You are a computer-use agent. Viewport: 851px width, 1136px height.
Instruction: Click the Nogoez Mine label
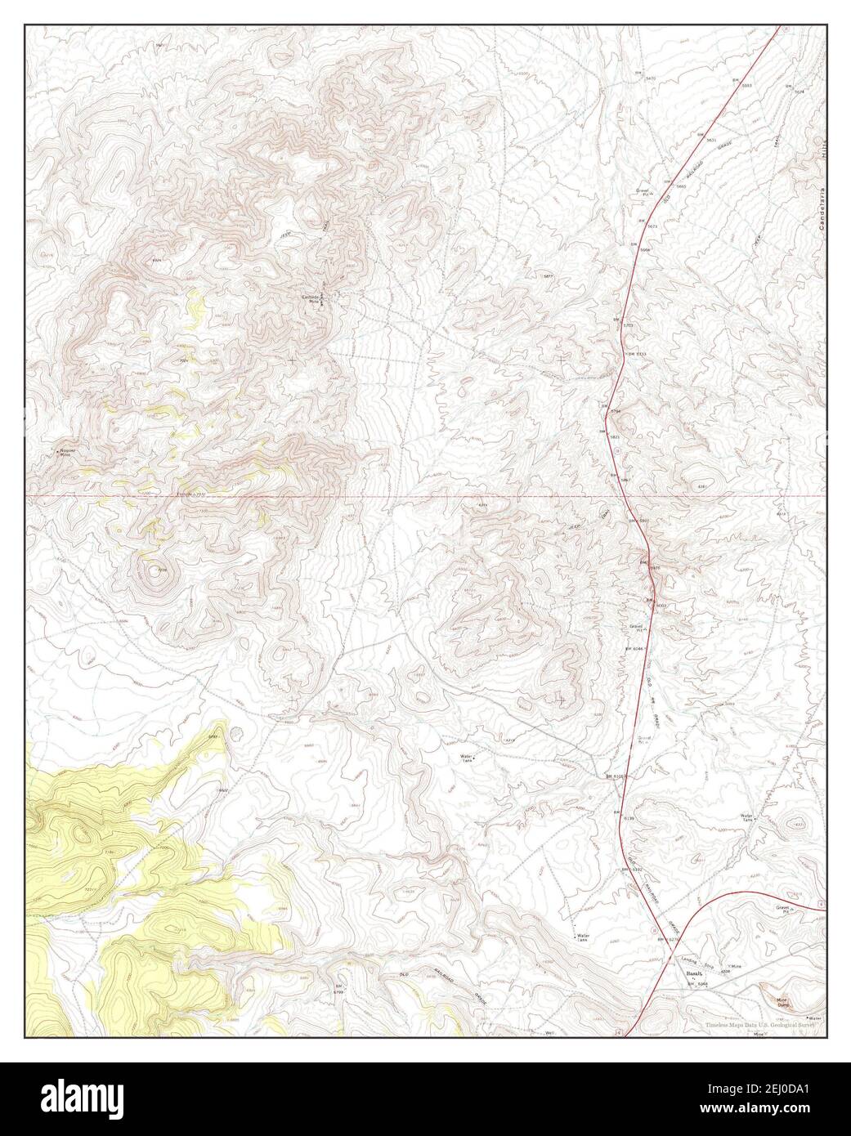66,452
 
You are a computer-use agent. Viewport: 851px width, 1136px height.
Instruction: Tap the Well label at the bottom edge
550,1034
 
